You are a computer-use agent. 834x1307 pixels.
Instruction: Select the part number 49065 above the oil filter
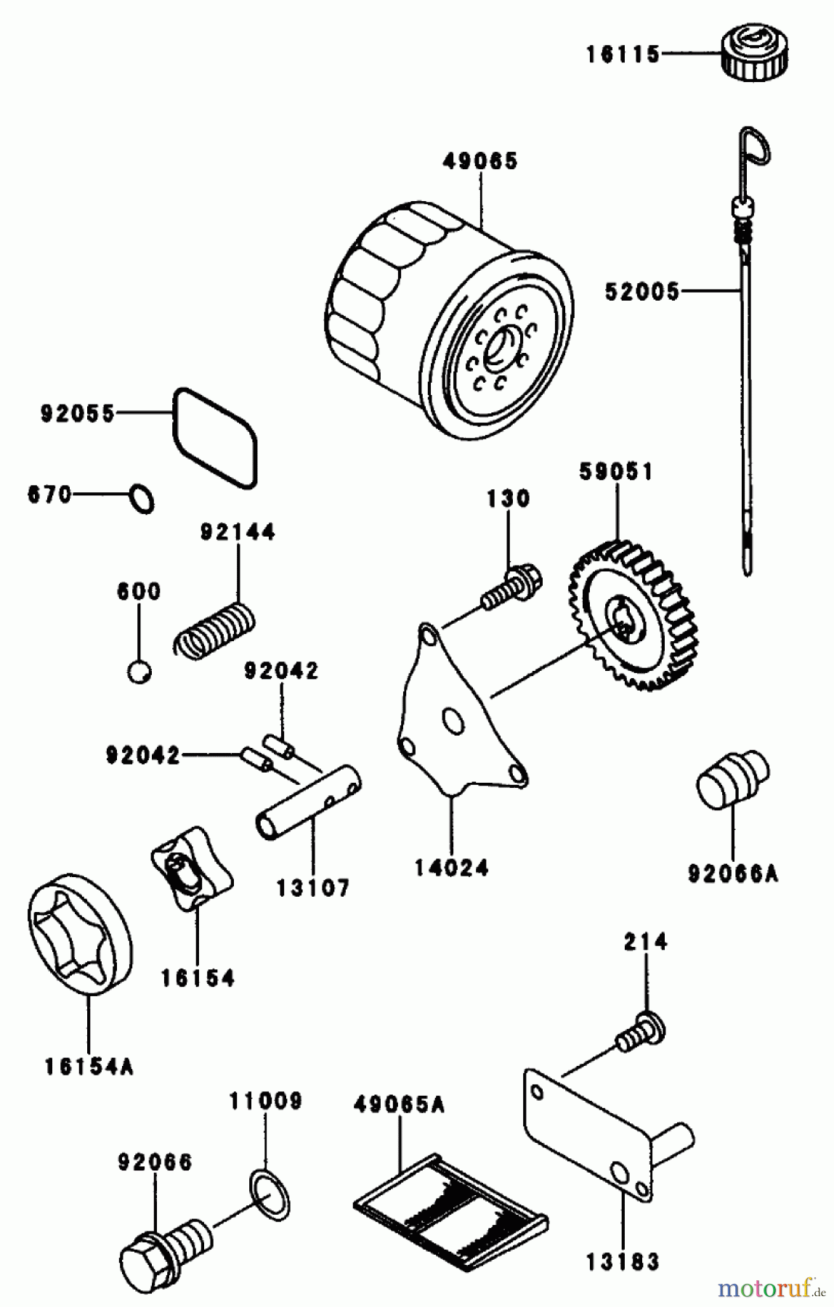[x=480, y=160]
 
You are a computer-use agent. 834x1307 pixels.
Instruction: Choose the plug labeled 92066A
[x=732, y=778]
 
